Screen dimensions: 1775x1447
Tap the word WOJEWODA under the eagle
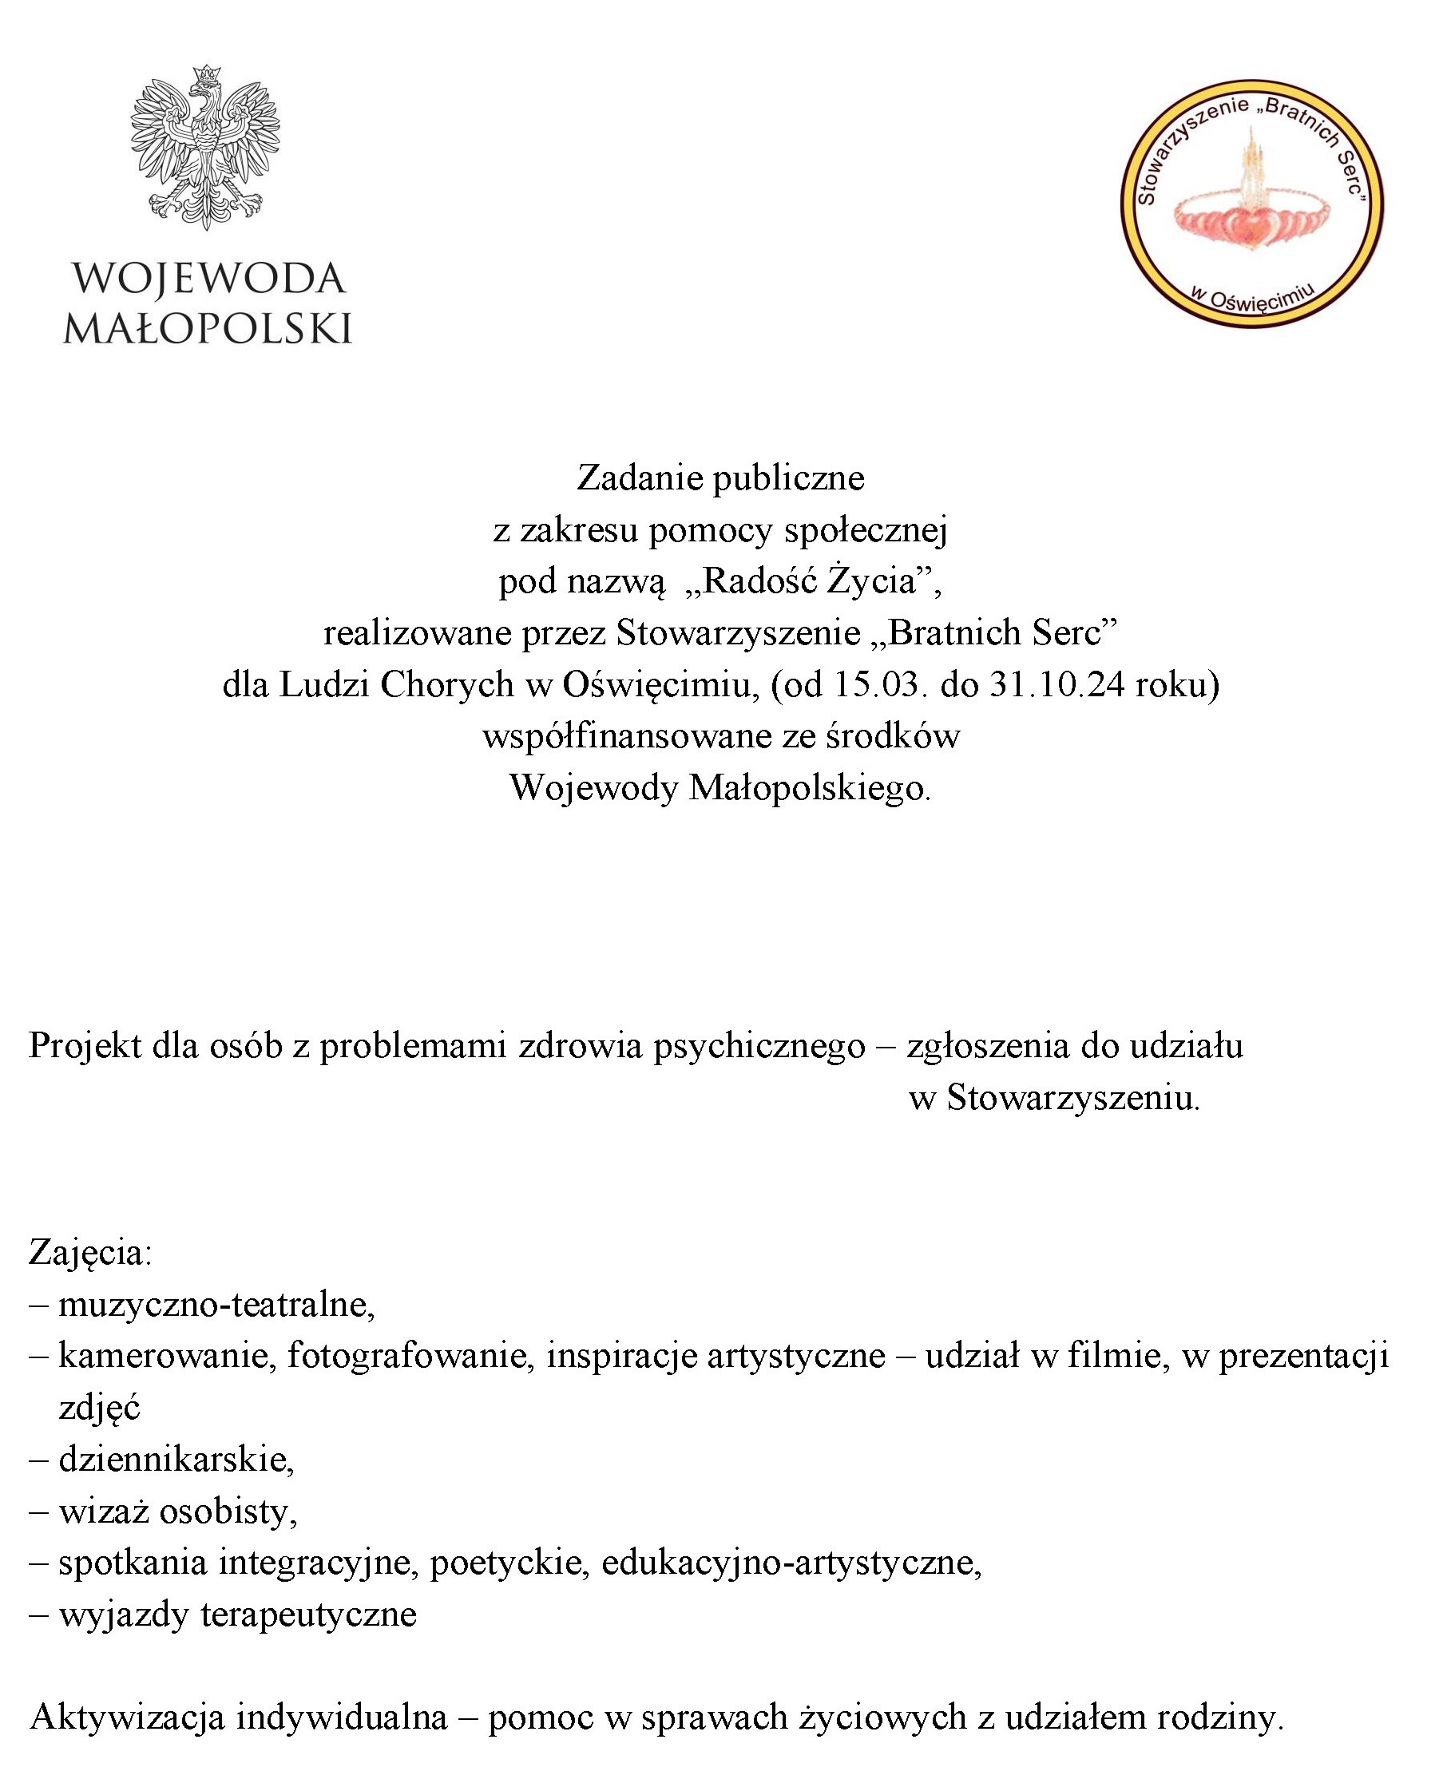coord(208,279)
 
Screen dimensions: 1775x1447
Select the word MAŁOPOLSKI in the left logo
coord(208,328)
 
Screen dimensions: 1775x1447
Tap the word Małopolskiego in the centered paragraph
coord(808,787)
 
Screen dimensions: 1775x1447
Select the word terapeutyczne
coord(308,1615)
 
